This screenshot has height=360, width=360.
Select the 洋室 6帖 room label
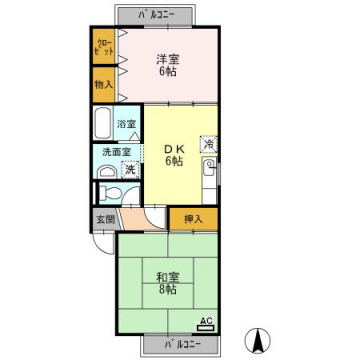[167, 64]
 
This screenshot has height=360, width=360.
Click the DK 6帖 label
[174, 154]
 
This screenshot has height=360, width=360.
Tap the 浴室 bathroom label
[127, 124]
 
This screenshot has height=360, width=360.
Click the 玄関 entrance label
[105, 219]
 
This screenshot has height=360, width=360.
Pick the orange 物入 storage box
[103, 87]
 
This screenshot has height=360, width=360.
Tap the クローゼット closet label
[103, 47]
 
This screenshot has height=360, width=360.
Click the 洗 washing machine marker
[129, 171]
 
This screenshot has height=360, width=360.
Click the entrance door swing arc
[150, 222]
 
